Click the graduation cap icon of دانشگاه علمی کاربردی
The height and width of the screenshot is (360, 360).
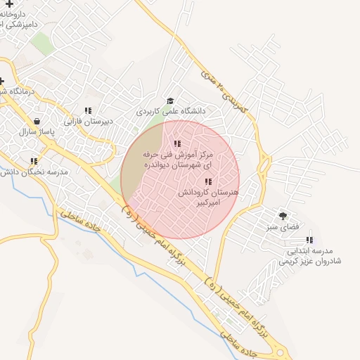(x=170, y=101)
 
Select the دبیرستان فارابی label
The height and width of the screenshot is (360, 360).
(x=89, y=121)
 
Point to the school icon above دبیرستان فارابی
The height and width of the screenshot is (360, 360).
(x=88, y=110)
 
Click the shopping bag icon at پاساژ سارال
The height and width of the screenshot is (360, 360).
(x=37, y=121)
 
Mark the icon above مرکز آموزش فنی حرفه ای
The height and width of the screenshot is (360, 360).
(x=176, y=143)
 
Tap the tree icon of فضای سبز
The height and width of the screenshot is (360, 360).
(x=283, y=216)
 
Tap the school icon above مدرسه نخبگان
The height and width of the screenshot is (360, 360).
(x=33, y=161)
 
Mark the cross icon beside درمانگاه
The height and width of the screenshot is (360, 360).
(x=2, y=81)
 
